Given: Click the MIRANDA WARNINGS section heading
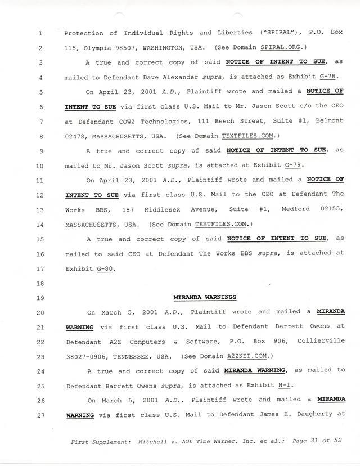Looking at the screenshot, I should tap(204, 297).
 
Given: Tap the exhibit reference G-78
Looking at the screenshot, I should tap(330, 77).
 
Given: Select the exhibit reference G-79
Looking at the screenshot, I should tap(293, 165).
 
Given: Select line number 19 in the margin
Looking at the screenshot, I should tap(40, 297).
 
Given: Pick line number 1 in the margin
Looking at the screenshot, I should tap(40, 33).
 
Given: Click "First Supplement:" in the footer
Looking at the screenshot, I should tap(102, 442).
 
